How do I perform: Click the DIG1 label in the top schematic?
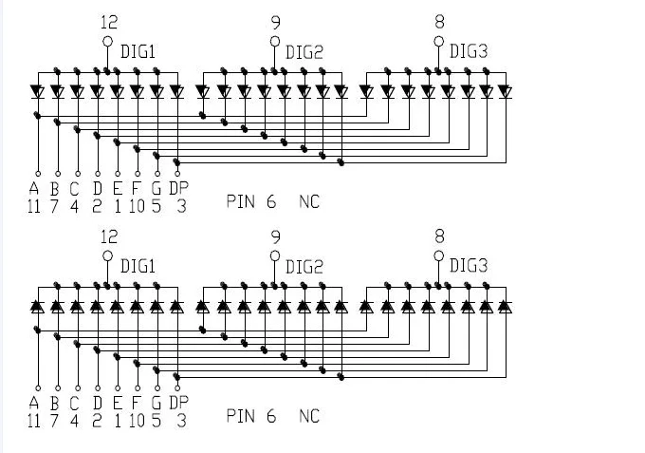coord(138,52)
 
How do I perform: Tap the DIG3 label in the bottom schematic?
coord(469,266)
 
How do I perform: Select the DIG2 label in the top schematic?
coord(304,52)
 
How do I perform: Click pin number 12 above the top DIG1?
coord(109,22)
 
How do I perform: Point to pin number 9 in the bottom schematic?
coord(276,237)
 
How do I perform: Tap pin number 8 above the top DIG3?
coord(439,22)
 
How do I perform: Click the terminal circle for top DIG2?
coord(275,41)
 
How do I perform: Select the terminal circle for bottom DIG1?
coord(107,256)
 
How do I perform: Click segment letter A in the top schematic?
coord(34,189)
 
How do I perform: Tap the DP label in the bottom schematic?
coord(179,403)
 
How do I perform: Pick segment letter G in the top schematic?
coord(157,189)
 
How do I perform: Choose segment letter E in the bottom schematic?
coord(118,403)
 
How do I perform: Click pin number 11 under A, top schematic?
coord(34,206)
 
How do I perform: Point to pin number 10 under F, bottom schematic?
coord(137,421)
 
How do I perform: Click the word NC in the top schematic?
coord(309,201)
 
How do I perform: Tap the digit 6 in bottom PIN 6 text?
coord(271,416)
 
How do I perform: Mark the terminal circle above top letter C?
coord(78,174)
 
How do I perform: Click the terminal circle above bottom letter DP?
coord(177,387)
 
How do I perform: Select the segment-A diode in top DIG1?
coord(38,92)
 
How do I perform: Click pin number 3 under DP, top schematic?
coord(182,206)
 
